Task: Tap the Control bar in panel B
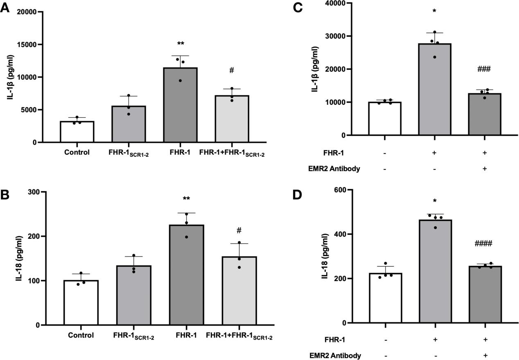(81, 303)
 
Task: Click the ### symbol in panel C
(484, 69)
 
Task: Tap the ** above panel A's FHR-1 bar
(181, 43)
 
